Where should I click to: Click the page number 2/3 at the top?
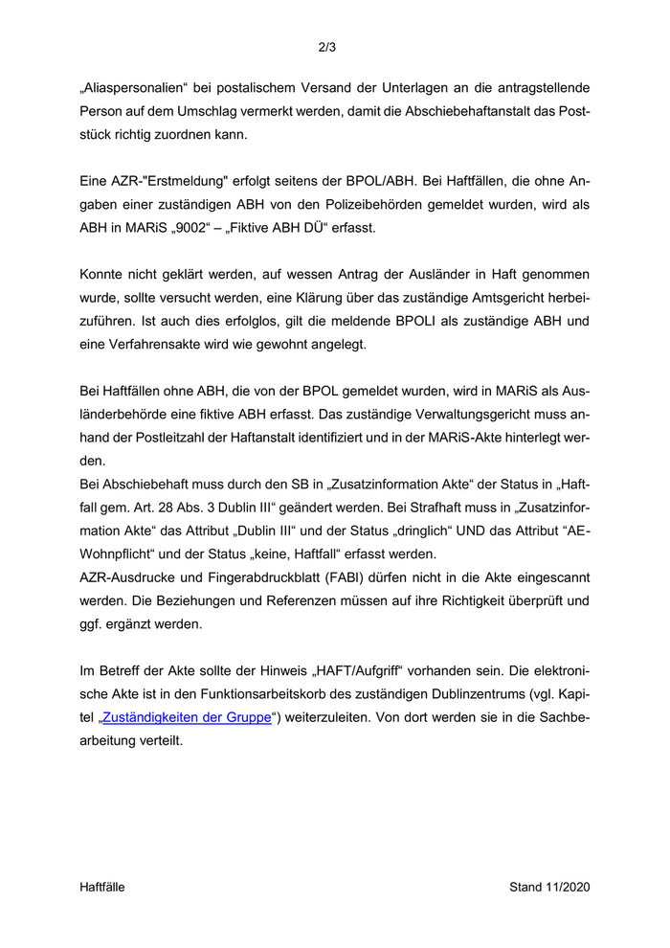[326, 46]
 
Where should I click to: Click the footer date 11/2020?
[569, 887]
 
